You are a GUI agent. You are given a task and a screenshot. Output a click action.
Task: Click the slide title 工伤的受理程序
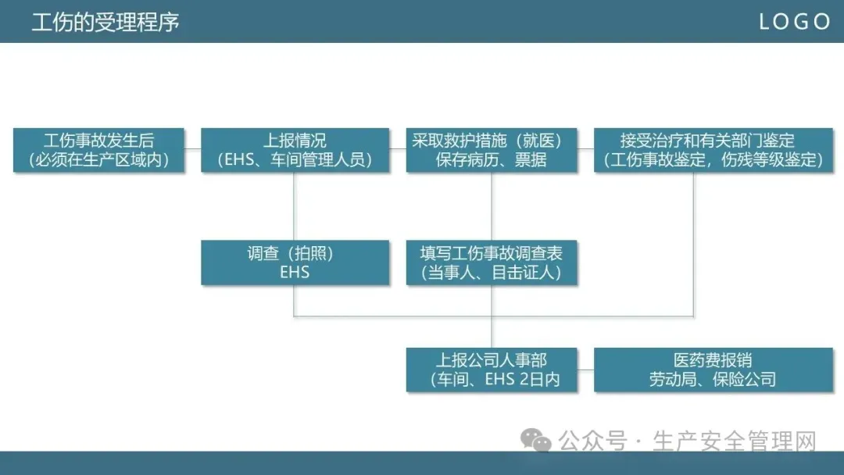coord(105,22)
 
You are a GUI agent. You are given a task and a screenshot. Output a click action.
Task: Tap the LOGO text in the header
coord(794,22)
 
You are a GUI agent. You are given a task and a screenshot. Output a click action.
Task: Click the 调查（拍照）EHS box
coord(295,262)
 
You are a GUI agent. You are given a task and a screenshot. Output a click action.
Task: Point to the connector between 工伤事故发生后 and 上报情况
coord(193,149)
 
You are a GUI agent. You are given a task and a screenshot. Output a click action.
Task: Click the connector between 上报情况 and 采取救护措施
coord(398,149)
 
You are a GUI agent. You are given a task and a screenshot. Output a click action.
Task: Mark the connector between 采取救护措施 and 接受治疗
coord(586,149)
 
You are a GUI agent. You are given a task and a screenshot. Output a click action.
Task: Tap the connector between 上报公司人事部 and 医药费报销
coord(586,370)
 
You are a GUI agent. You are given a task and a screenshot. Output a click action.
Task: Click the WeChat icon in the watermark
coord(537,441)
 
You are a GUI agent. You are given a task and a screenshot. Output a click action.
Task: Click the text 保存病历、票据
coord(492,160)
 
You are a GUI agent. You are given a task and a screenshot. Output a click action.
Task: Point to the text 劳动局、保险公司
coord(712,380)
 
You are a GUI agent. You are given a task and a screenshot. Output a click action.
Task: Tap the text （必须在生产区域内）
coord(99,160)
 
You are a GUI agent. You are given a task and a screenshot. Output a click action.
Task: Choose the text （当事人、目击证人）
coord(492,273)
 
